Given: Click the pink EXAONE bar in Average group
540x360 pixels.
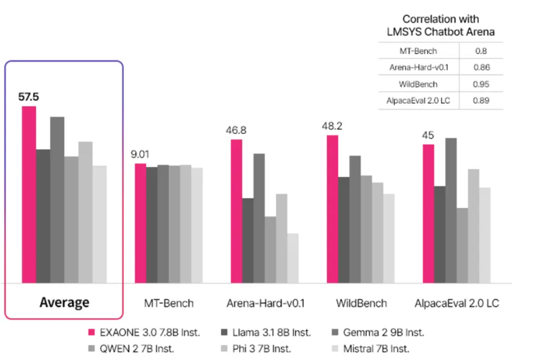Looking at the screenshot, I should pos(29,194).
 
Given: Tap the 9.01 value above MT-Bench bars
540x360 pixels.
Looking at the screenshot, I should pos(140,153).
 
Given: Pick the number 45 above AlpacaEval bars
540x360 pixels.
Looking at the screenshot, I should pos(428,135).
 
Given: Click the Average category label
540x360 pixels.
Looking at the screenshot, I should pos(64,302).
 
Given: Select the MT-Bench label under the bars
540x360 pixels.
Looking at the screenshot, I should pos(169,303).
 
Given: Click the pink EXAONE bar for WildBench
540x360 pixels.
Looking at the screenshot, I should pos(333,209).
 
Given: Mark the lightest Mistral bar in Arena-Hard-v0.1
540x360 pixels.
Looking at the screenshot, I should pos(293,258).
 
